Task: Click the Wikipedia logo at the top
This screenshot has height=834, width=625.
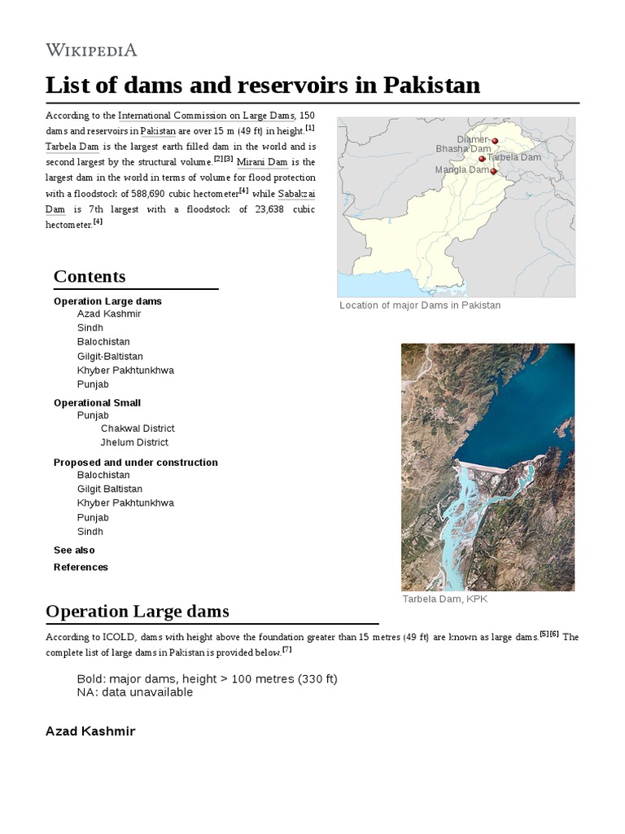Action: click(91, 50)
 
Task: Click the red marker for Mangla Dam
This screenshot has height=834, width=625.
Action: click(493, 172)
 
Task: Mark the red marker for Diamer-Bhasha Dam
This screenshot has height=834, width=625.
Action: click(495, 141)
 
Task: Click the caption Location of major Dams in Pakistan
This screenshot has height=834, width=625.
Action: click(419, 305)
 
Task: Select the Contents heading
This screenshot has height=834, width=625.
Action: click(90, 276)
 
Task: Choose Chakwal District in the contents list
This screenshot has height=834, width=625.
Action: click(138, 428)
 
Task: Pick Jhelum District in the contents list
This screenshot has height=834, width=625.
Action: click(134, 442)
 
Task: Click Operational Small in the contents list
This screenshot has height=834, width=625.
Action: click(97, 402)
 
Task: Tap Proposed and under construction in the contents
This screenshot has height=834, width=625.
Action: click(135, 463)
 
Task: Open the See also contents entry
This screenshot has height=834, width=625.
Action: click(74, 550)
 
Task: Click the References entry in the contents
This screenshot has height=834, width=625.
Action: click(81, 567)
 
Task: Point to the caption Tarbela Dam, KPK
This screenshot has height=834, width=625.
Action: click(444, 599)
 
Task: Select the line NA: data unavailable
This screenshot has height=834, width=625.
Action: click(135, 692)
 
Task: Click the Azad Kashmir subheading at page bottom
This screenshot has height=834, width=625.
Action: click(90, 731)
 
